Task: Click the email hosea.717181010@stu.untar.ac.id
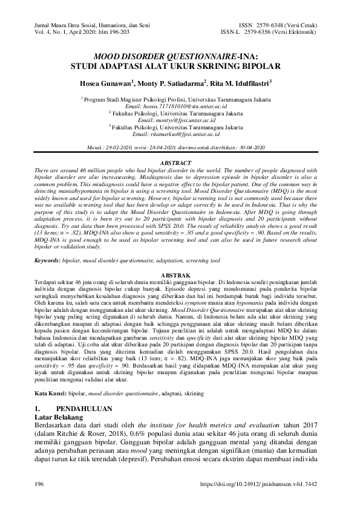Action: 180,106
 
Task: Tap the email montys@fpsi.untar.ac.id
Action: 180,120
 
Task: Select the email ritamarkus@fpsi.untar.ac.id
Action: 180,134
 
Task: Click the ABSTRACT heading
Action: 180,164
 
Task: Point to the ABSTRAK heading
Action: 180,275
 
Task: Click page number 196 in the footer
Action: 40,484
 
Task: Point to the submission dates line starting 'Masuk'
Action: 180,147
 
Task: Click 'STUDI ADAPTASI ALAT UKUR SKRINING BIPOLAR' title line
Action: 180,63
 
